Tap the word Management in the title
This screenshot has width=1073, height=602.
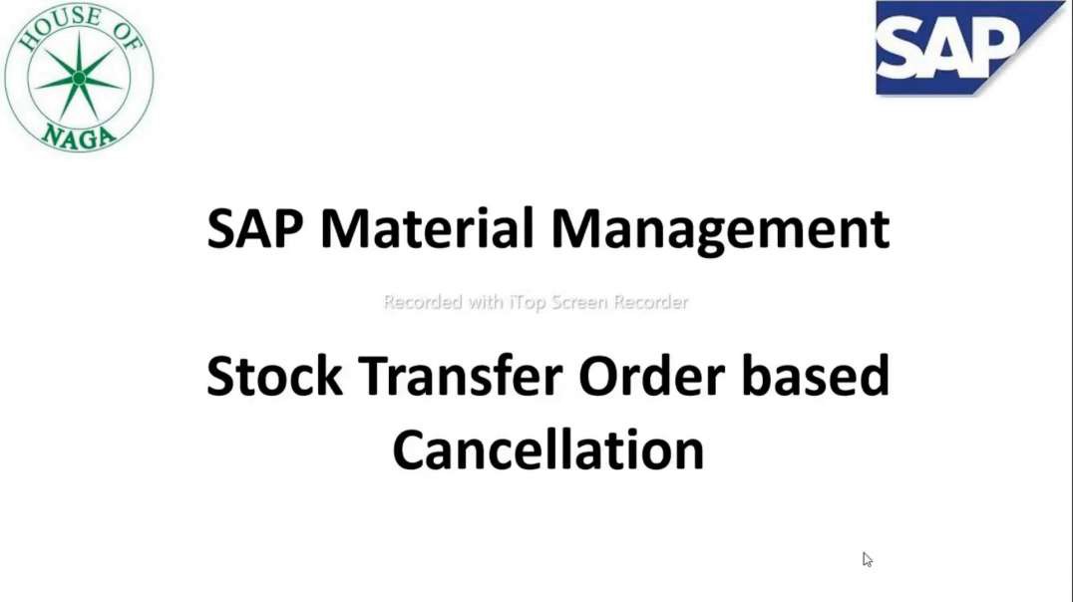[720, 229]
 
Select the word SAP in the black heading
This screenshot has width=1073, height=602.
[256, 229]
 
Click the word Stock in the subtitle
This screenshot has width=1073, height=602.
[274, 377]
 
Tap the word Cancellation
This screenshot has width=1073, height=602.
[547, 451]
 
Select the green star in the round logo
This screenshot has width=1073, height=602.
[79, 78]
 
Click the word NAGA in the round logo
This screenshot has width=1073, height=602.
[80, 135]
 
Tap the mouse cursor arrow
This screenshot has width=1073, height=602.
[867, 559]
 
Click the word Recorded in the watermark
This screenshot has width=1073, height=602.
[424, 302]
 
